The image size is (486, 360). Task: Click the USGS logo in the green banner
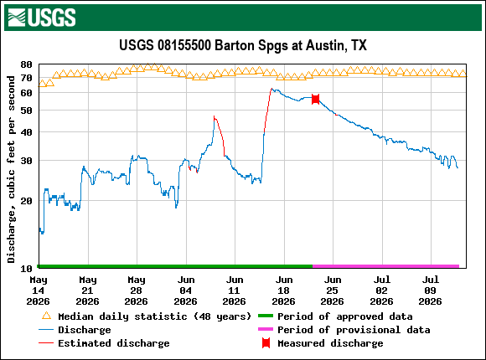tap(42, 18)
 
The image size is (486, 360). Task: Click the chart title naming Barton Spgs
tap(243, 45)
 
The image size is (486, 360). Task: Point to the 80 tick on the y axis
tap(26, 64)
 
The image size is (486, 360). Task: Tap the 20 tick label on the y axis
tap(26, 201)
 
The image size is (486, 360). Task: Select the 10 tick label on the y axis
tap(26, 269)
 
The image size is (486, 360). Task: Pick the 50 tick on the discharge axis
tap(26, 111)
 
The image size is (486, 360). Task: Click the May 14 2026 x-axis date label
tap(38, 291)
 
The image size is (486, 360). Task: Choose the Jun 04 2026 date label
tap(186, 291)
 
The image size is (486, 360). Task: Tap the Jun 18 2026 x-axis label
tap(284, 291)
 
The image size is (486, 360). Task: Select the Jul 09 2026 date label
tap(431, 291)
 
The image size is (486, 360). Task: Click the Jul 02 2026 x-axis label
tap(382, 291)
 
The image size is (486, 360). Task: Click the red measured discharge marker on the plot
tap(315, 99)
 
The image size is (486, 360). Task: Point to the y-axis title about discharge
tap(11, 169)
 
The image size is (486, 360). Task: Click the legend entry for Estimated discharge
tap(104, 343)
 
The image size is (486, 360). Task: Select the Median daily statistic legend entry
tap(147, 316)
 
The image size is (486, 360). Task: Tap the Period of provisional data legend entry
tap(344, 330)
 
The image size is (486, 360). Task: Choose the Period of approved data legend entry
tap(335, 316)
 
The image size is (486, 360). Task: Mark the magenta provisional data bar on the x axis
tap(385, 266)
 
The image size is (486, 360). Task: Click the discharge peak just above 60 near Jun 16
tap(271, 89)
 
